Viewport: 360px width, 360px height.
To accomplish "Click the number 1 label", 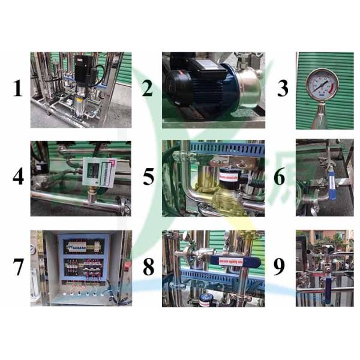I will [x=18, y=89].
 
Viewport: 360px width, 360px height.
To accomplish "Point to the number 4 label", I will [x=18, y=178].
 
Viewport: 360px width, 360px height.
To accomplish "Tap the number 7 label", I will [x=18, y=268].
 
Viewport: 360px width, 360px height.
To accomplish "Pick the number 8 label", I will [x=148, y=268].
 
